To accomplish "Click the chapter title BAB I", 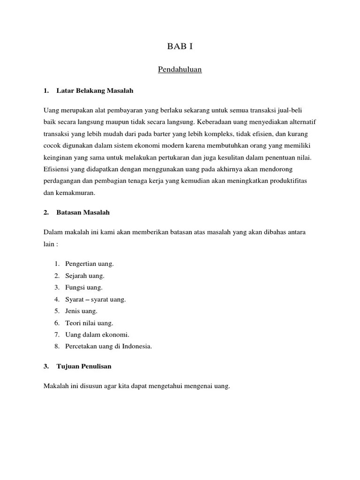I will [x=180, y=46].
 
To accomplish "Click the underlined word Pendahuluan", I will [x=180, y=70].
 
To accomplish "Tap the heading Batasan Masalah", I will [x=83, y=212].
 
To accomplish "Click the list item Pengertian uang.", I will [x=90, y=263].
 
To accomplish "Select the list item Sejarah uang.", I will [x=85, y=276].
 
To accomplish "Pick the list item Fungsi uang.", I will [x=84, y=287].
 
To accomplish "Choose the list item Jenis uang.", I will [x=82, y=311].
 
